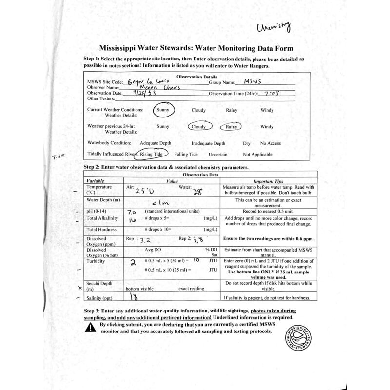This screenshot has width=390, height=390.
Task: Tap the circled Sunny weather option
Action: (162, 110)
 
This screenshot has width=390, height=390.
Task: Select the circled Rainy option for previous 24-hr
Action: (232, 127)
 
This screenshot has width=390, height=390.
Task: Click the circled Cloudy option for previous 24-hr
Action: (198, 127)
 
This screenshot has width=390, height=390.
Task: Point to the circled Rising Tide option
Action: (153, 154)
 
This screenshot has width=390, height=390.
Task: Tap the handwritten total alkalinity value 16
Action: (132, 220)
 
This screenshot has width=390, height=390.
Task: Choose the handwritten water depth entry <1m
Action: (170, 203)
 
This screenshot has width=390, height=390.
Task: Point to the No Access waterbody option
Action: (271, 143)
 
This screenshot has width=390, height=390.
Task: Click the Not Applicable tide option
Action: (258, 154)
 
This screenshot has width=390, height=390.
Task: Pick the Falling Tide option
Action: (186, 154)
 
